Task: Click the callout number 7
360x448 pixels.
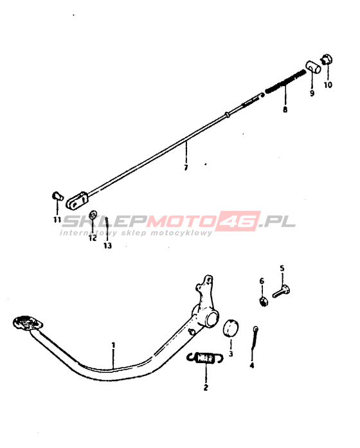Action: point(186,167)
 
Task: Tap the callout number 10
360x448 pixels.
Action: point(328,85)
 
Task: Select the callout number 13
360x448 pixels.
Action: point(108,246)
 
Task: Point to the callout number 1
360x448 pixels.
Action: point(113,345)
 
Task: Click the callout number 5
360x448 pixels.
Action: point(282,268)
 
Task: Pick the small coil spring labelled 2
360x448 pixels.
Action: point(205,358)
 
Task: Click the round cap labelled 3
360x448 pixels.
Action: point(231,328)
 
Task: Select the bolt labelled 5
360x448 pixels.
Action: point(282,292)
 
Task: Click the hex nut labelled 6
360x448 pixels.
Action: point(263,301)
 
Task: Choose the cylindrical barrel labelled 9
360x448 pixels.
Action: point(313,67)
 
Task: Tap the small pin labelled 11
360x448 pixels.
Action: point(58,196)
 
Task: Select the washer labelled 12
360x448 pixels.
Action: point(93,215)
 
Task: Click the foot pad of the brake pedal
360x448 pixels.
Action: point(28,323)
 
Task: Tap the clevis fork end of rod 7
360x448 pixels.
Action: point(77,201)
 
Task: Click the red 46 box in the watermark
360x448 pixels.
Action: point(237,221)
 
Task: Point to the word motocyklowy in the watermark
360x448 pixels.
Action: point(182,233)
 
